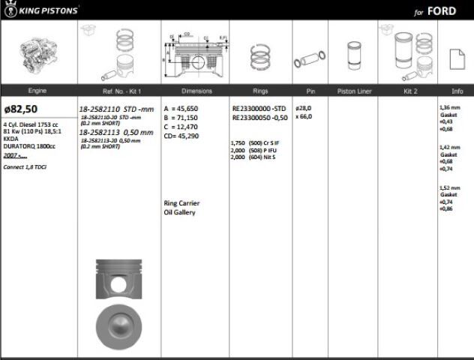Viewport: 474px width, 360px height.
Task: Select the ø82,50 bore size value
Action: pyautogui.click(x=21, y=109)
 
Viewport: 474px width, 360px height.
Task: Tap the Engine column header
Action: pyautogui.click(x=37, y=91)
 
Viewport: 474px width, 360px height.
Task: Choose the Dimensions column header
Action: pyautogui.click(x=196, y=91)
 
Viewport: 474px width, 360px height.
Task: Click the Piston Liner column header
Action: pyautogui.click(x=352, y=91)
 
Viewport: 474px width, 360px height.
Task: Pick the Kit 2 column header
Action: pyautogui.click(x=409, y=91)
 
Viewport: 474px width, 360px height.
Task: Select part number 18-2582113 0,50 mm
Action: pyautogui.click(x=116, y=132)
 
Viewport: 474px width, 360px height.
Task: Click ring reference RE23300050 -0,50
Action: pyautogui.click(x=259, y=118)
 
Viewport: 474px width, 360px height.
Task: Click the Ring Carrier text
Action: pyautogui.click(x=181, y=203)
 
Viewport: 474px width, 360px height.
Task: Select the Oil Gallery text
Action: pyautogui.click(x=179, y=212)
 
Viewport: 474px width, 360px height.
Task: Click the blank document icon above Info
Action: pyautogui.click(x=454, y=58)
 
